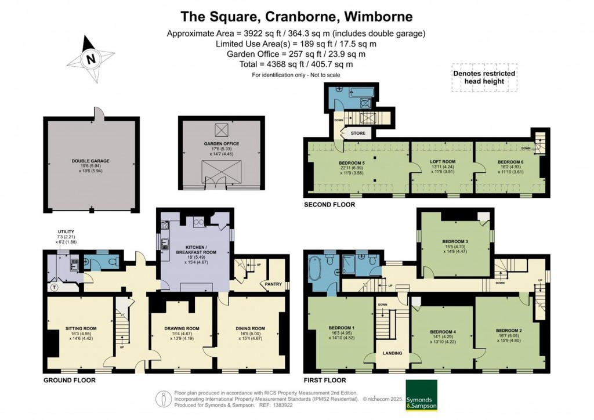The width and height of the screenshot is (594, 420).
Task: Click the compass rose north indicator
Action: pos(90,59)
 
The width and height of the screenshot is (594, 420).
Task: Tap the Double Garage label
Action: pos(90,161)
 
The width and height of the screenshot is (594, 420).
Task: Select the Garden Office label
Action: pos(221,143)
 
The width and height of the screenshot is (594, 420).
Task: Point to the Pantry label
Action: pos(273,284)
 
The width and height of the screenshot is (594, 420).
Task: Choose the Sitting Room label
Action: pos(81,328)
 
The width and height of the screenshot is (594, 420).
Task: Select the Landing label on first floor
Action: pos(389,353)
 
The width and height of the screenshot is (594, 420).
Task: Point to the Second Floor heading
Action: pos(329,205)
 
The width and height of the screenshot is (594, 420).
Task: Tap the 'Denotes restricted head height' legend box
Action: pos(484,78)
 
